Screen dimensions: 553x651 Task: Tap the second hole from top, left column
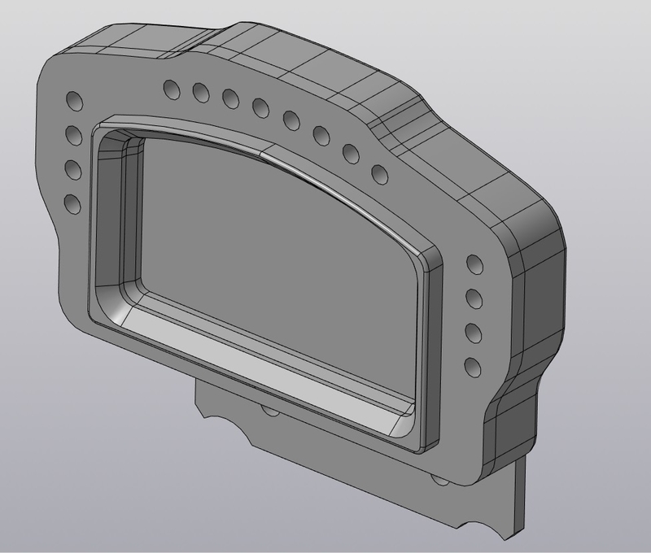coord(72,134)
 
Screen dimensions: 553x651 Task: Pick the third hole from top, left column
coord(72,169)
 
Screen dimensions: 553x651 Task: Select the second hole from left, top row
coord(199,92)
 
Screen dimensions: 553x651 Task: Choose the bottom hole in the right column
coord(470,364)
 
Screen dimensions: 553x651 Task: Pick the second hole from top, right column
coord(472,296)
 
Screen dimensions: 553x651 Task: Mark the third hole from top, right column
coord(471,331)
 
